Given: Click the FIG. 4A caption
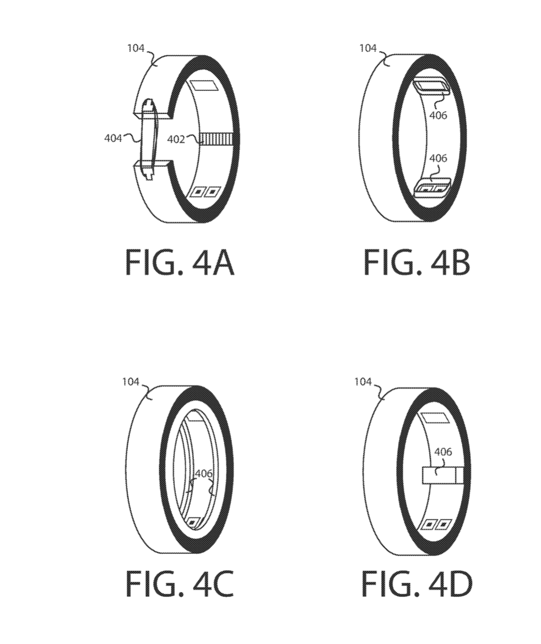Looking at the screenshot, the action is pyautogui.click(x=180, y=262).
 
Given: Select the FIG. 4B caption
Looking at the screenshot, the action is pyautogui.click(x=416, y=262).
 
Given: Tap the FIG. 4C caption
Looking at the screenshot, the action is pyautogui.click(x=180, y=583).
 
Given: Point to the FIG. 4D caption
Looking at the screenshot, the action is pyautogui.click(x=416, y=583).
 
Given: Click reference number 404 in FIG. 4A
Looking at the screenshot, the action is pyautogui.click(x=113, y=138).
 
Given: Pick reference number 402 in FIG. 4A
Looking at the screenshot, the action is pyautogui.click(x=176, y=140).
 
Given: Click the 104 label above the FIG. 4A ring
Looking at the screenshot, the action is pyautogui.click(x=136, y=48).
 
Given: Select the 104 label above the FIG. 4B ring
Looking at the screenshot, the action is pyautogui.click(x=368, y=48).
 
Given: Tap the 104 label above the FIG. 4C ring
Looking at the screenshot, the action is pyautogui.click(x=131, y=382).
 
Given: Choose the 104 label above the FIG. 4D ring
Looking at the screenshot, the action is pyautogui.click(x=363, y=382).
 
